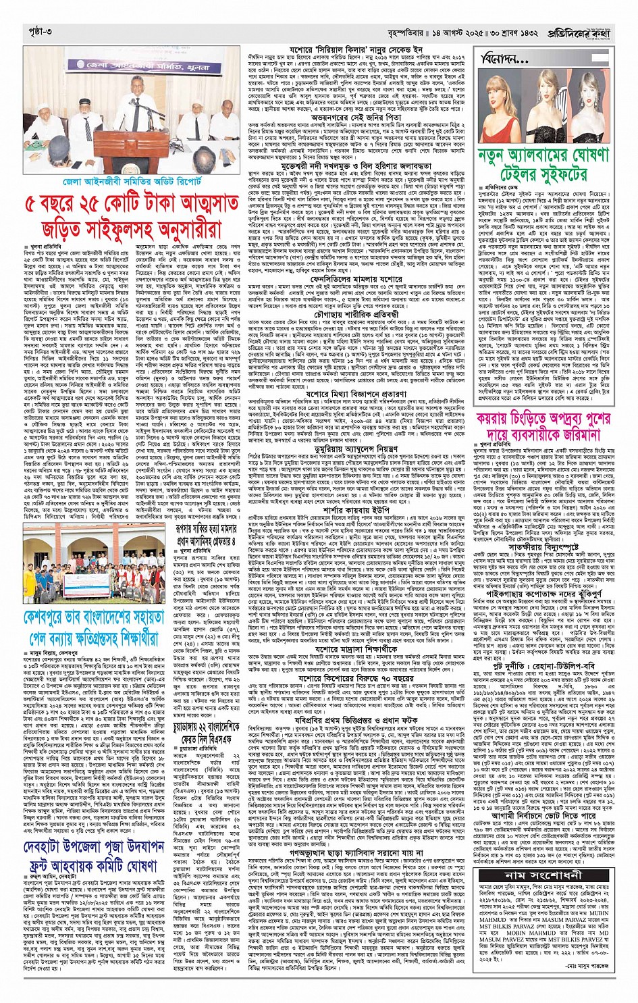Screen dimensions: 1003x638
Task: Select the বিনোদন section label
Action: pyautogui.click(x=504, y=60)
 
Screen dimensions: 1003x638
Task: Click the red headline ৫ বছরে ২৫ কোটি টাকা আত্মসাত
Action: pyautogui.click(x=131, y=205)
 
